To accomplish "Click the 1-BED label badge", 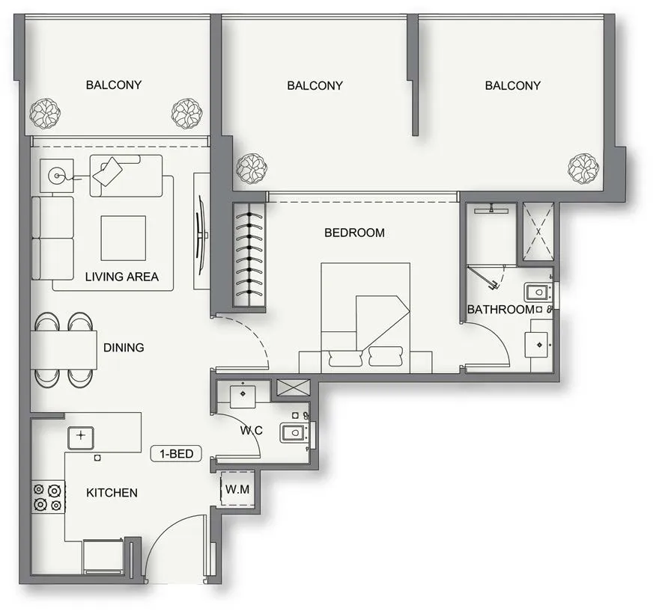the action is click(x=176, y=453).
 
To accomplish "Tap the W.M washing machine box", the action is click(x=237, y=488).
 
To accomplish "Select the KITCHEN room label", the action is click(x=112, y=493).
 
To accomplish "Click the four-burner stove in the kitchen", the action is click(x=49, y=497).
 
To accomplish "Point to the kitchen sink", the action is click(x=81, y=438).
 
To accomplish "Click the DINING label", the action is click(x=124, y=347).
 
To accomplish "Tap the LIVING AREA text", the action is click(x=121, y=277).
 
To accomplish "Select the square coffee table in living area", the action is click(x=124, y=238).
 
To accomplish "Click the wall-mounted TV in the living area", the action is click(x=201, y=235).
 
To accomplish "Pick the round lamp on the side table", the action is click(x=56, y=176).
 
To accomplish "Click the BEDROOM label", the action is click(x=354, y=233).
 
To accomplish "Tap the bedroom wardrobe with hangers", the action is click(x=249, y=254).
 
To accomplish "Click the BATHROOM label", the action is click(x=501, y=310).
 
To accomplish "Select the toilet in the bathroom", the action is click(x=538, y=292).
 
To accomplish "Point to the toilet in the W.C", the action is click(x=294, y=432).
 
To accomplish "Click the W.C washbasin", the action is click(x=243, y=394).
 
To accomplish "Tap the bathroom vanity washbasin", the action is click(x=539, y=345).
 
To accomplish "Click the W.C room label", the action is click(x=252, y=430).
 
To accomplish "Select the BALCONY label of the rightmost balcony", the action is click(x=513, y=86).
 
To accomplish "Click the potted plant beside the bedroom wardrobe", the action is click(x=252, y=169).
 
